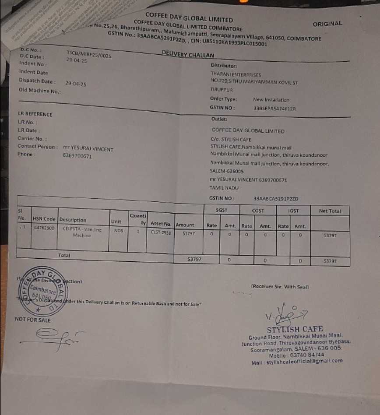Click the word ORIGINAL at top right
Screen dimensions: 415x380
(x=327, y=24)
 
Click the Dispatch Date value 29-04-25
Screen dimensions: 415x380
(x=76, y=83)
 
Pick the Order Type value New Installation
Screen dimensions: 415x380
(x=271, y=100)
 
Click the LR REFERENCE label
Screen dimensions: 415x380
(x=35, y=114)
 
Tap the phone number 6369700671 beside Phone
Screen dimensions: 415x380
(x=77, y=156)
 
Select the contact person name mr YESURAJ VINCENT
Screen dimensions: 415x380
(x=88, y=149)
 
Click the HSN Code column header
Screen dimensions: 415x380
(x=44, y=219)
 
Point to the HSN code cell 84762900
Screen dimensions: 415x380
(x=44, y=229)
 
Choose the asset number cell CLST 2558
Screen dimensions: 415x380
(x=160, y=233)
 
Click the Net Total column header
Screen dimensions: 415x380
(x=330, y=211)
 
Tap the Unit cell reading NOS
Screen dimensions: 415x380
(x=118, y=230)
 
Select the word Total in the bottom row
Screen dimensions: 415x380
(x=64, y=255)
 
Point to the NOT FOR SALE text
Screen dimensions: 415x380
(x=33, y=320)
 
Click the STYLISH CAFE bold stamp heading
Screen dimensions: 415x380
(x=295, y=329)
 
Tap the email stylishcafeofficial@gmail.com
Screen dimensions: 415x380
(x=297, y=362)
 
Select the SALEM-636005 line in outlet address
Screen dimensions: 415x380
(x=226, y=172)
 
